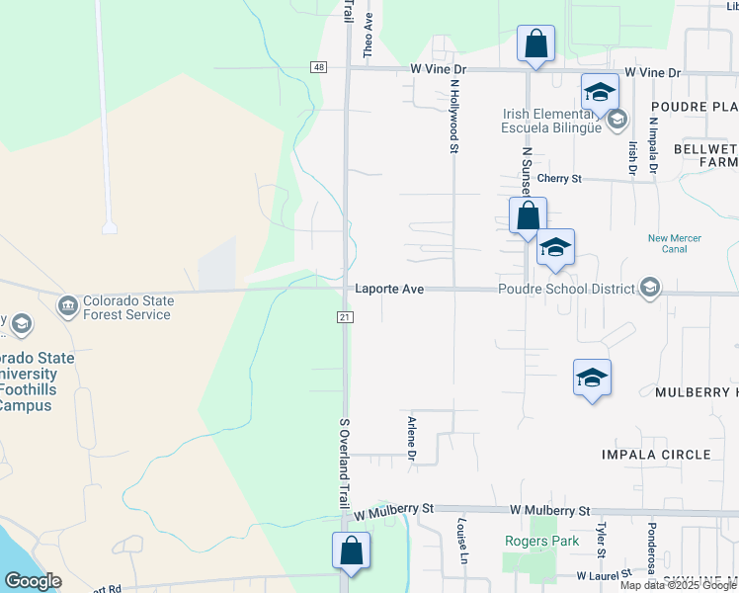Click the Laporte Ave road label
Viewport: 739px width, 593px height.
(x=389, y=289)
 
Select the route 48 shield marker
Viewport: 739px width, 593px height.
(x=318, y=66)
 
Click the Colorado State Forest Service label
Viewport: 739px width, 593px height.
(x=126, y=308)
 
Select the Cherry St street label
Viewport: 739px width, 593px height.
(x=559, y=179)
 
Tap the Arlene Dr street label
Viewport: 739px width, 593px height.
(x=411, y=438)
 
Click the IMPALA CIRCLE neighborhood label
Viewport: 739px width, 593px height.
(x=656, y=455)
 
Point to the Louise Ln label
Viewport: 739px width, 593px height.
(x=460, y=540)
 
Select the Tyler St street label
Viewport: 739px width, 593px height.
(x=600, y=540)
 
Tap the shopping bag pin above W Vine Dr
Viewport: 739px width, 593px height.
(x=535, y=44)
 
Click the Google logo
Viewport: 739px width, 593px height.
(x=34, y=581)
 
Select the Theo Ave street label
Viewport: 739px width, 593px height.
(x=369, y=32)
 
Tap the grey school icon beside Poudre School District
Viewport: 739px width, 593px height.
(x=649, y=288)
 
